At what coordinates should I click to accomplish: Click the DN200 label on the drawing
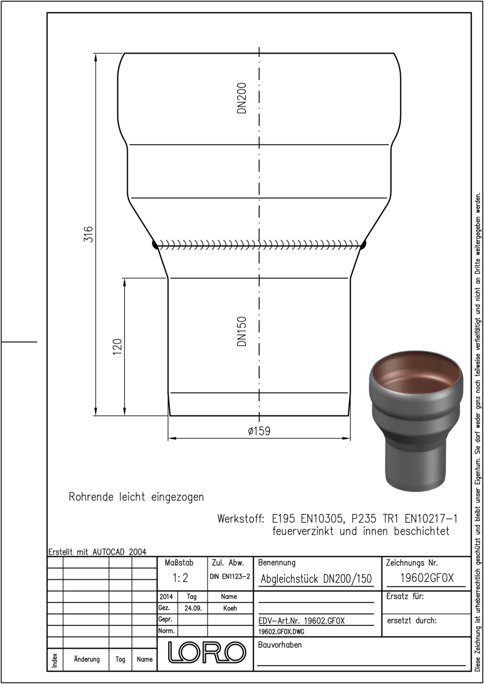[x=242, y=98]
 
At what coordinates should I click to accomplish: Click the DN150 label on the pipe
[x=242, y=331]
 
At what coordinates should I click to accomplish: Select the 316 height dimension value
[x=88, y=234]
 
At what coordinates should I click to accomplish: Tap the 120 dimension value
[x=117, y=347]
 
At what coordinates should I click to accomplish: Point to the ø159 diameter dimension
[x=259, y=431]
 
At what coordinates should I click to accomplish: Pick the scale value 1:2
[x=181, y=578]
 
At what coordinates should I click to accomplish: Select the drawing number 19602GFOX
[x=426, y=578]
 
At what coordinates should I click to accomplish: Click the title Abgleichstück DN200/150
[x=316, y=579]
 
